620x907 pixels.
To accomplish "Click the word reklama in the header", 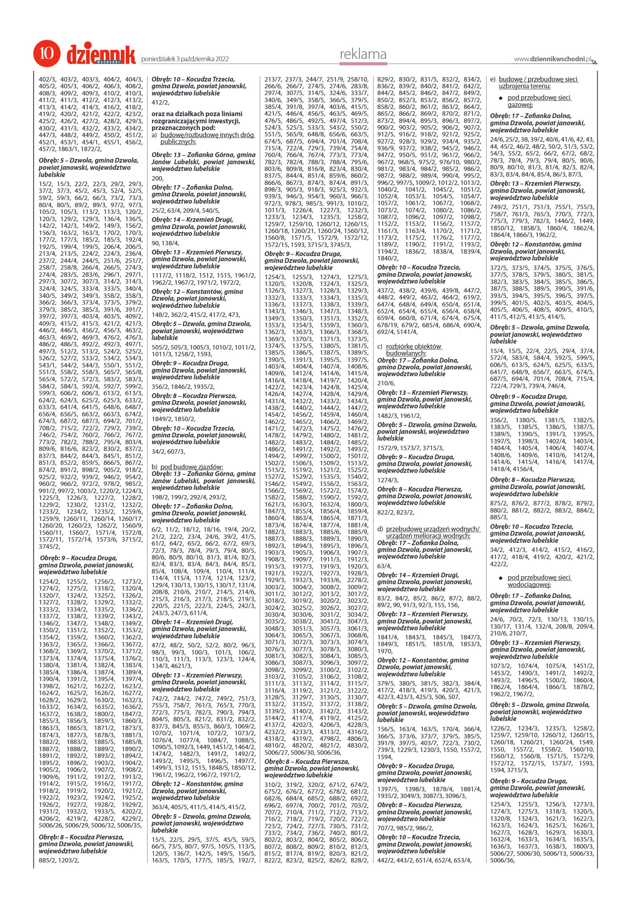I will (363, 54).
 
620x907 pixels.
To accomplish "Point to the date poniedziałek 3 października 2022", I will (185, 59).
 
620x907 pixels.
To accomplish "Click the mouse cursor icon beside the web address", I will (595, 61).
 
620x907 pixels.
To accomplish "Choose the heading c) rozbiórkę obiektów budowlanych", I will (410, 350).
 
